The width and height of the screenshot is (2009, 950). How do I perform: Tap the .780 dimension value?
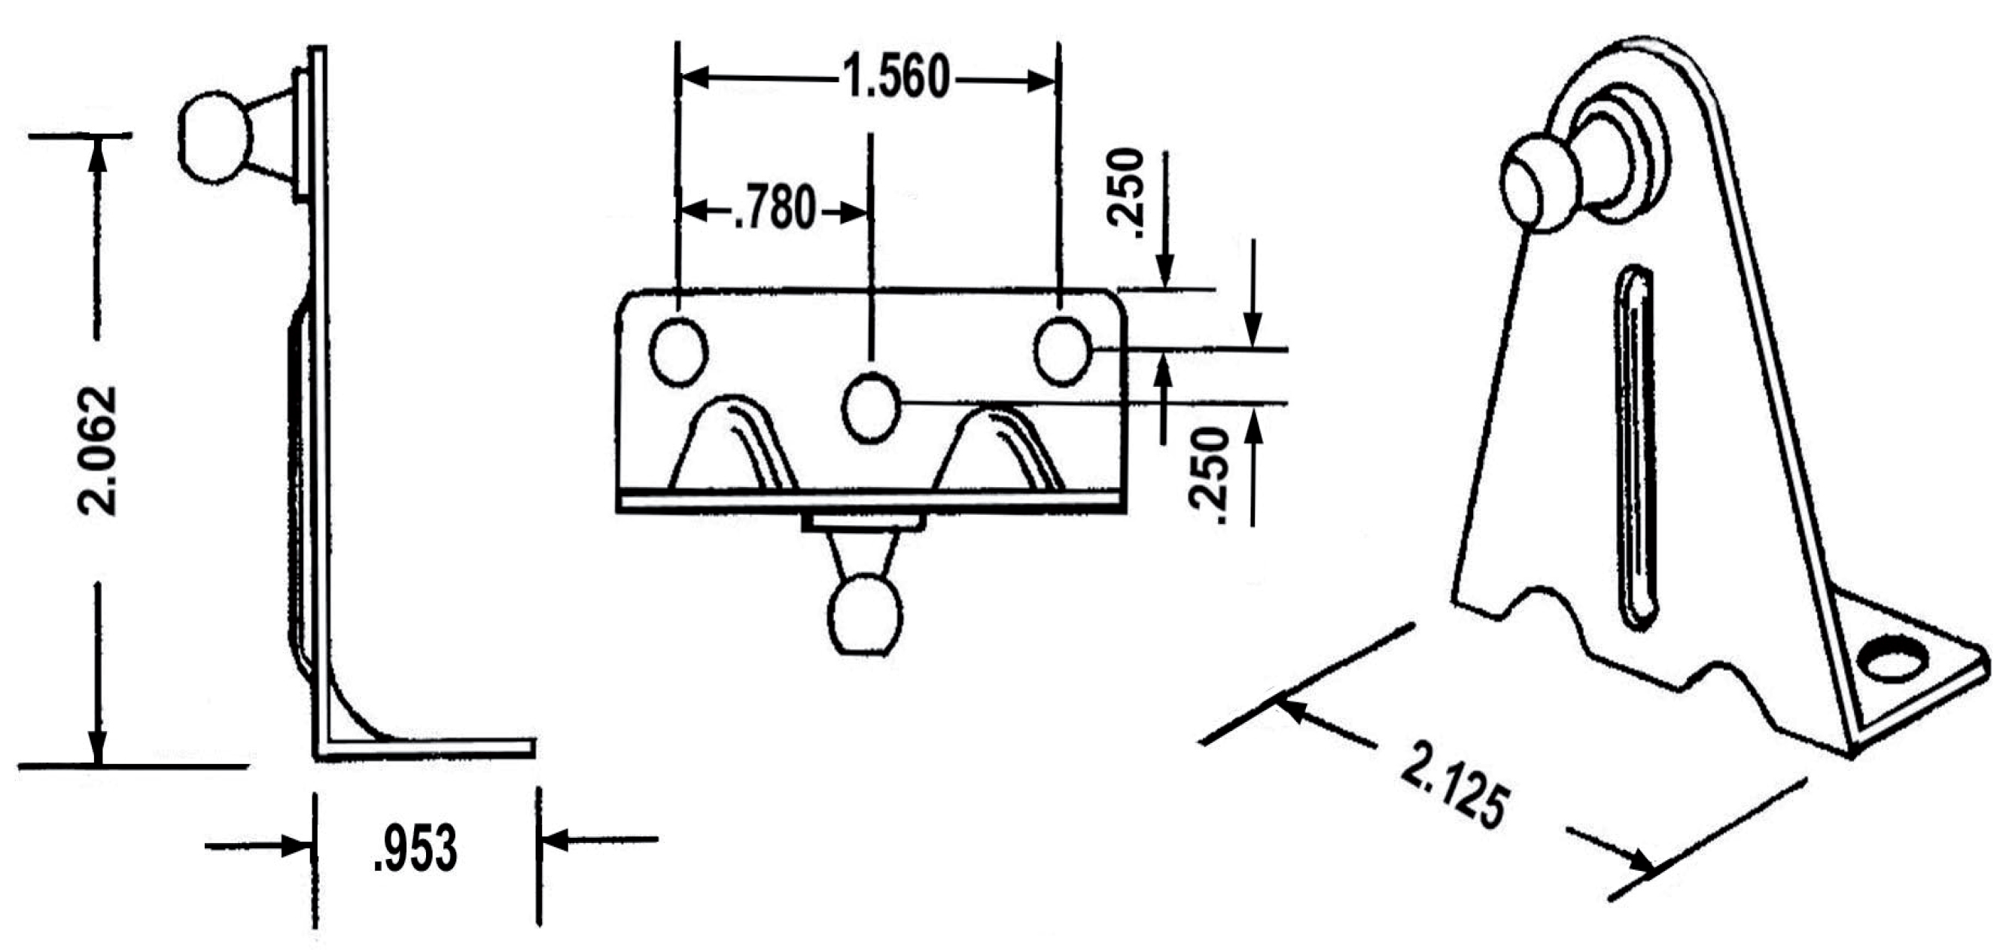775,210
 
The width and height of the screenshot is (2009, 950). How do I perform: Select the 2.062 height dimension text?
99,450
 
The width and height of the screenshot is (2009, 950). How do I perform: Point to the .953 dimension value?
415,850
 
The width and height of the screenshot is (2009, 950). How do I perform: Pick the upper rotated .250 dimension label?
1125,193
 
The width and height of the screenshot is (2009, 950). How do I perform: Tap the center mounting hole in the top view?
871,406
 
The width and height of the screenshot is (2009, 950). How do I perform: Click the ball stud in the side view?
215,138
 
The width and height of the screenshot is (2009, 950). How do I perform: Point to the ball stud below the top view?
865,614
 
